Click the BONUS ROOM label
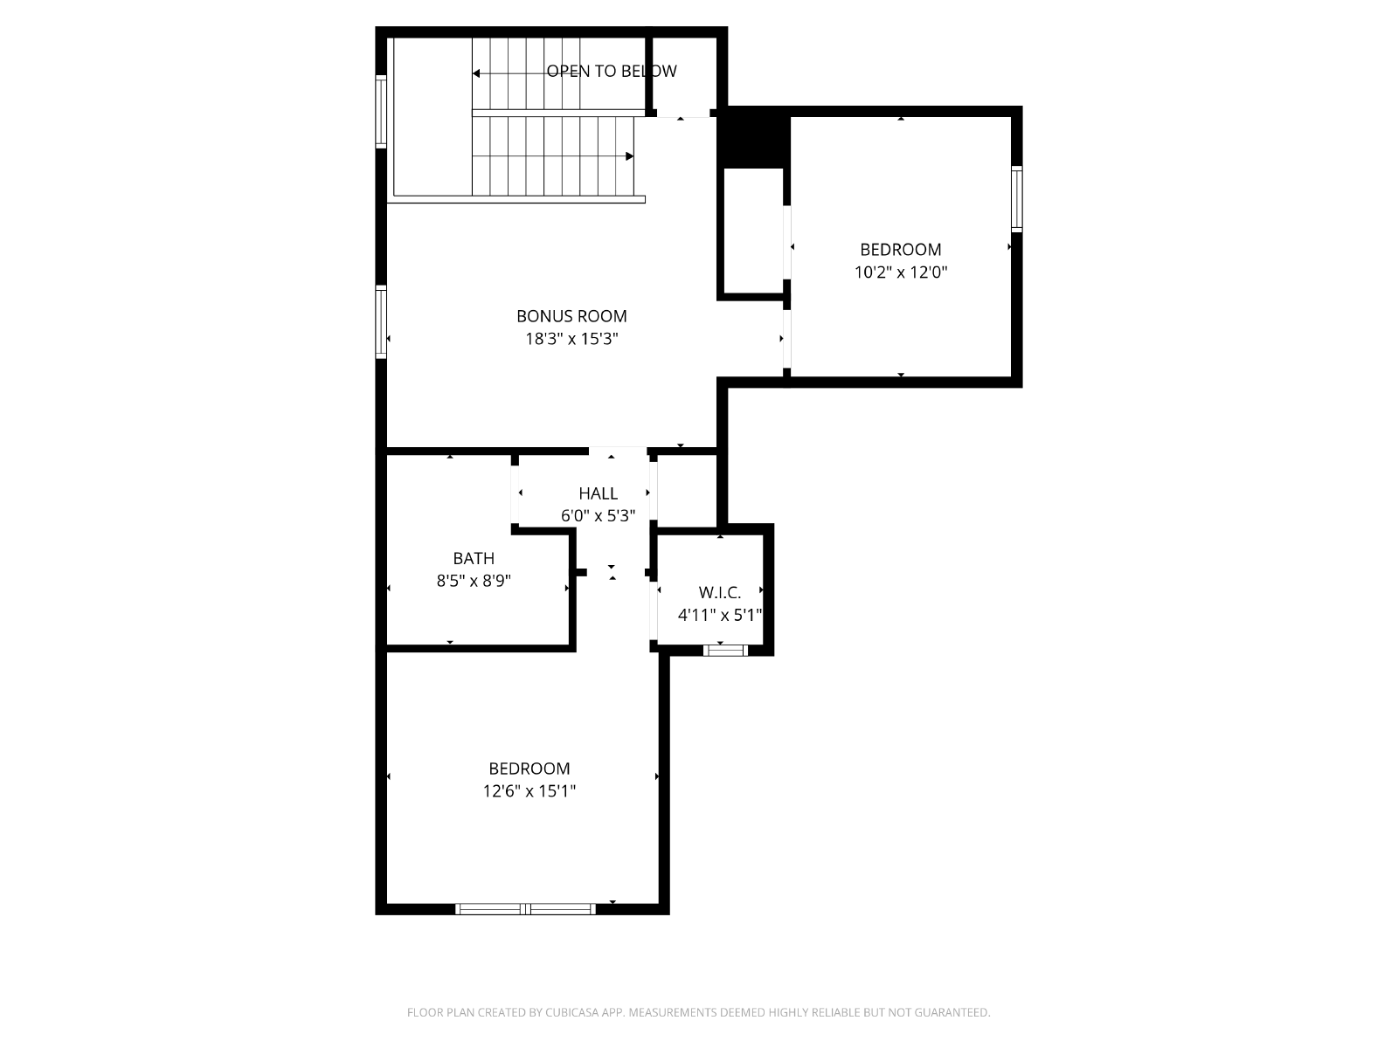[571, 316]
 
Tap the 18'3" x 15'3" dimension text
[571, 339]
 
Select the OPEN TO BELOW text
[612, 72]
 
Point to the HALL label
[598, 493]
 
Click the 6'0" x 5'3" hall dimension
[598, 515]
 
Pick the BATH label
[474, 558]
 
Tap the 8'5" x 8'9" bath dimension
[474, 580]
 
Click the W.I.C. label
[720, 592]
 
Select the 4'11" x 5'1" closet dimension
[720, 615]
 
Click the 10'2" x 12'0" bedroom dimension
[901, 272]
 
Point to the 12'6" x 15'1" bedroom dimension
[529, 791]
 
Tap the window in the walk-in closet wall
[725, 651]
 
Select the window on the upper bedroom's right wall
[1017, 199]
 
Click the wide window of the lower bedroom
[525, 909]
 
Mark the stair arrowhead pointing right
[629, 156]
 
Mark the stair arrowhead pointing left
[476, 74]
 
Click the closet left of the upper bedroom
[753, 231]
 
